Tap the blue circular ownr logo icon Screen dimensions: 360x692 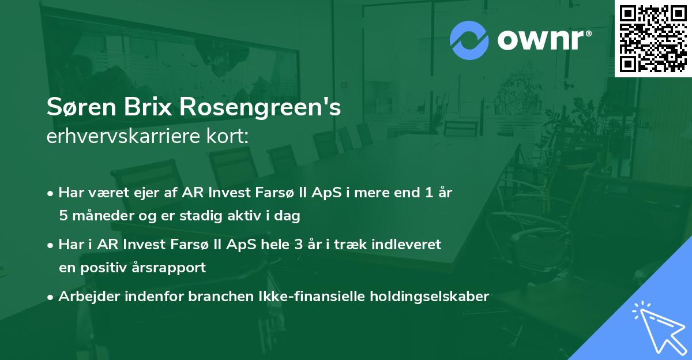468,40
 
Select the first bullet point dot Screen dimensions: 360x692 51,193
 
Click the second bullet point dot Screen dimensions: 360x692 51,245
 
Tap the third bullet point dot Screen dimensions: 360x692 51,297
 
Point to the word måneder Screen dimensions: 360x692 100,216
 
